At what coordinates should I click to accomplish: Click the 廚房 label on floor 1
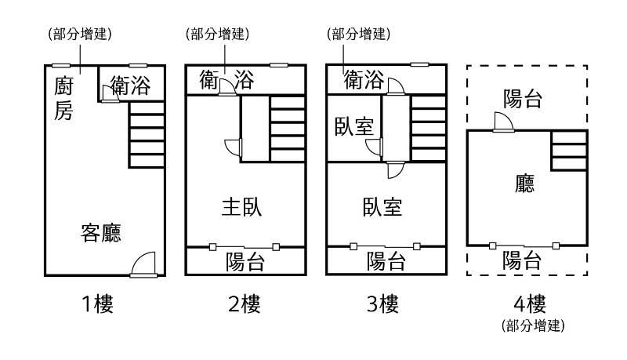click(x=63, y=97)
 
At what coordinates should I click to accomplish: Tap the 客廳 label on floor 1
click(x=102, y=233)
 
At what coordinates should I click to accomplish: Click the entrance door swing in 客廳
click(x=145, y=264)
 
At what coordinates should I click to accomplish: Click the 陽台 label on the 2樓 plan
click(x=245, y=260)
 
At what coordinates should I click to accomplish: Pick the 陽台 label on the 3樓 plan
click(x=386, y=260)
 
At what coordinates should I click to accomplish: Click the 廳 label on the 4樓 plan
click(x=525, y=185)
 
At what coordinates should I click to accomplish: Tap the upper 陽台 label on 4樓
click(x=523, y=99)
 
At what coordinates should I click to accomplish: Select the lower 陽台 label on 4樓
click(x=521, y=260)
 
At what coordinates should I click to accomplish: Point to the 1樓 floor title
click(x=99, y=304)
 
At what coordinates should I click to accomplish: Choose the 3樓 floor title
click(x=384, y=304)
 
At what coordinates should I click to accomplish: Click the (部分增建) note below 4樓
click(x=533, y=325)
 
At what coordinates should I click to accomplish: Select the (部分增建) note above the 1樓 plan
click(x=78, y=34)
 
